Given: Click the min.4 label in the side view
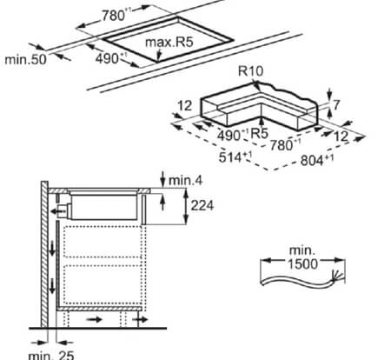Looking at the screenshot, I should point(184,179).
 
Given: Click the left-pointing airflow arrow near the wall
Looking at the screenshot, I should point(59,209).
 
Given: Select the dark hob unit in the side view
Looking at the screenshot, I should point(103,205).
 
